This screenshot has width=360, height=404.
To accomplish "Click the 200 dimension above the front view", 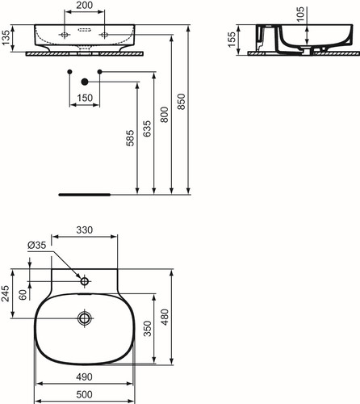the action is click(x=85, y=5).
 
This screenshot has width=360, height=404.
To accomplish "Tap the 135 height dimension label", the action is click(x=6, y=37).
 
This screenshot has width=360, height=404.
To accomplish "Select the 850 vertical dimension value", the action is click(x=182, y=102).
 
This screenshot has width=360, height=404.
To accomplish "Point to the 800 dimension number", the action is click(x=165, y=115).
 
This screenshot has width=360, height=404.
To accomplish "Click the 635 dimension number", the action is click(x=147, y=128).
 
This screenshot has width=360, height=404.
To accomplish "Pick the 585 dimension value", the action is click(x=130, y=138).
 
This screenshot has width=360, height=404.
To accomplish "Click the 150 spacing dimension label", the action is click(x=85, y=98).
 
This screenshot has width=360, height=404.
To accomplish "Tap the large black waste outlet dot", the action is click(x=85, y=82).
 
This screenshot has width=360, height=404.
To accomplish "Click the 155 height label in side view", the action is click(x=232, y=40).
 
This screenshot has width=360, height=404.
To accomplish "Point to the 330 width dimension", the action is click(x=85, y=230).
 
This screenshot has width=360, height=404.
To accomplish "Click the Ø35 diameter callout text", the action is click(x=37, y=245).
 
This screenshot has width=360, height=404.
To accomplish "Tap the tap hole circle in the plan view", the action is click(x=85, y=281).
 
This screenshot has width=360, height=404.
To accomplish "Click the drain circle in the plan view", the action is click(x=85, y=318).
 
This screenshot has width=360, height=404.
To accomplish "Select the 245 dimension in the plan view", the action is click(x=6, y=293).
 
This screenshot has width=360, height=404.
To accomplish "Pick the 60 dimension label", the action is click(x=23, y=295).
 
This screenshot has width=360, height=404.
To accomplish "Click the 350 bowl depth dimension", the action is click(x=148, y=329).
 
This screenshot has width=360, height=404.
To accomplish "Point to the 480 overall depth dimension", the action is click(x=165, y=317).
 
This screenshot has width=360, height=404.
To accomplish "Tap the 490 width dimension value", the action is click(x=84, y=377).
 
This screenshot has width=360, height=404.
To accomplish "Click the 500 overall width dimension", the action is click(x=84, y=394).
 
